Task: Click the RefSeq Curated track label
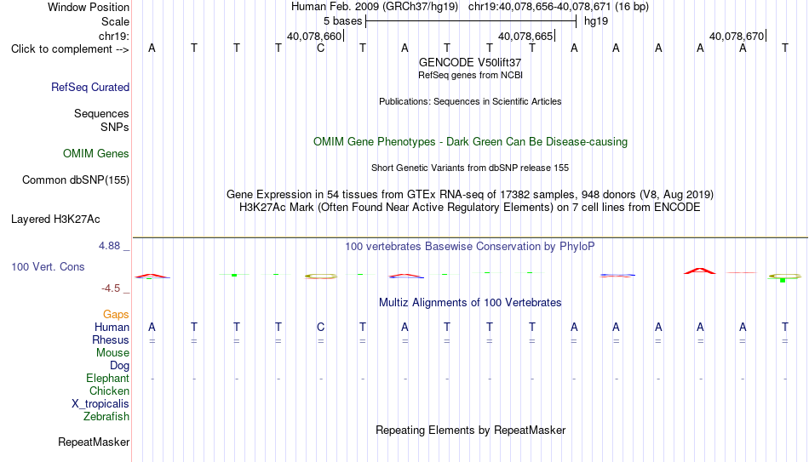tap(90, 87)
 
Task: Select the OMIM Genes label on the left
tap(96, 154)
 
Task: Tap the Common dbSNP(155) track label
tap(76, 180)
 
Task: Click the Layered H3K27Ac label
tap(55, 220)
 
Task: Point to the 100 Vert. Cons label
tap(48, 266)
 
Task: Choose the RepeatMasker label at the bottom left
tap(94, 442)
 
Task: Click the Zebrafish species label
tap(106, 416)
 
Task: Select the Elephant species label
tap(108, 378)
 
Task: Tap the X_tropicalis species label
tap(100, 404)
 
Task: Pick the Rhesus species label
tap(111, 339)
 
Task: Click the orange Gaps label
tap(116, 315)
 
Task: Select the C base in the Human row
tap(320, 327)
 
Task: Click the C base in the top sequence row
tap(320, 48)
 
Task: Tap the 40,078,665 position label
tap(525, 36)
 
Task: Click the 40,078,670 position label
tap(737, 36)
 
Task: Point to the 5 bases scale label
tap(342, 21)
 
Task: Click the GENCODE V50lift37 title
tap(470, 62)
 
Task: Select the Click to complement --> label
tap(70, 49)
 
